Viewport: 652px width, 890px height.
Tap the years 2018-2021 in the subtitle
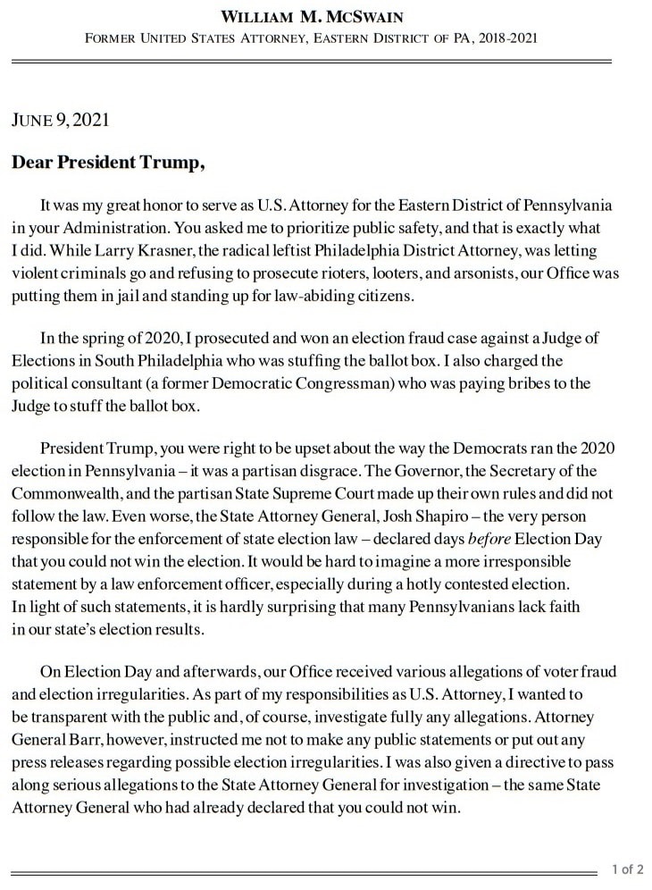506,38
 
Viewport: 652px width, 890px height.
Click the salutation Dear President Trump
108,163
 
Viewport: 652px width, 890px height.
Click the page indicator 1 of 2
627,868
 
